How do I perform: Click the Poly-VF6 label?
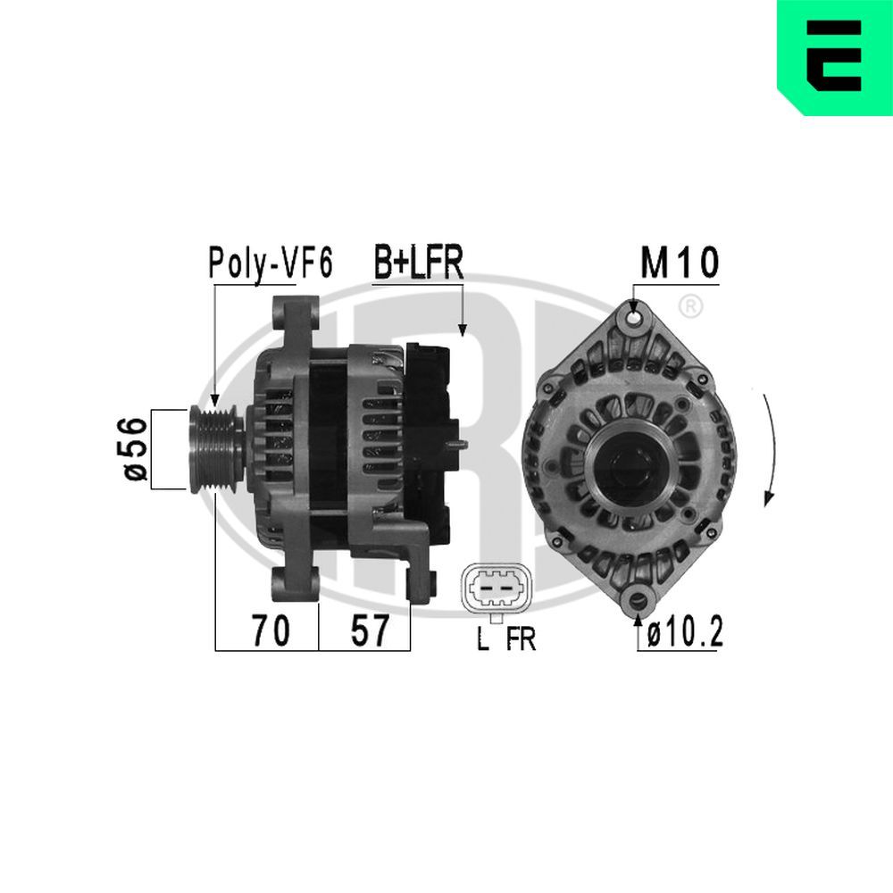coord(270,263)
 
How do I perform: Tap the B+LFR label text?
coord(417,263)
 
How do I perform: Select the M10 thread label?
coord(679,263)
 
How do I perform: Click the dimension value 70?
coord(269,631)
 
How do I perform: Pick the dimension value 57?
coord(368,631)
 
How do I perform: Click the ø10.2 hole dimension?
coord(684,633)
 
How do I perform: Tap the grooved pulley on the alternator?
coord(214,449)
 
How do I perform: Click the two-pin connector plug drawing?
coord(494,589)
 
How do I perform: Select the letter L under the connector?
coord(483,639)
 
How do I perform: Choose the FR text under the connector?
coord(521,639)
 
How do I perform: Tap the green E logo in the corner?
coord(835,58)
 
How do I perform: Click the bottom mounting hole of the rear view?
coord(638,599)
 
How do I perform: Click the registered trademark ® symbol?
coord(689,306)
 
